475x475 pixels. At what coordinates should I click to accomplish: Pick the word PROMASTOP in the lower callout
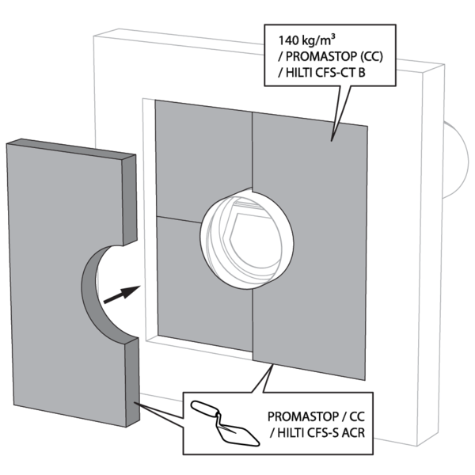[x=302, y=416]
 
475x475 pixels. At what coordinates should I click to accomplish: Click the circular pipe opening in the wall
[x=246, y=237]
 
